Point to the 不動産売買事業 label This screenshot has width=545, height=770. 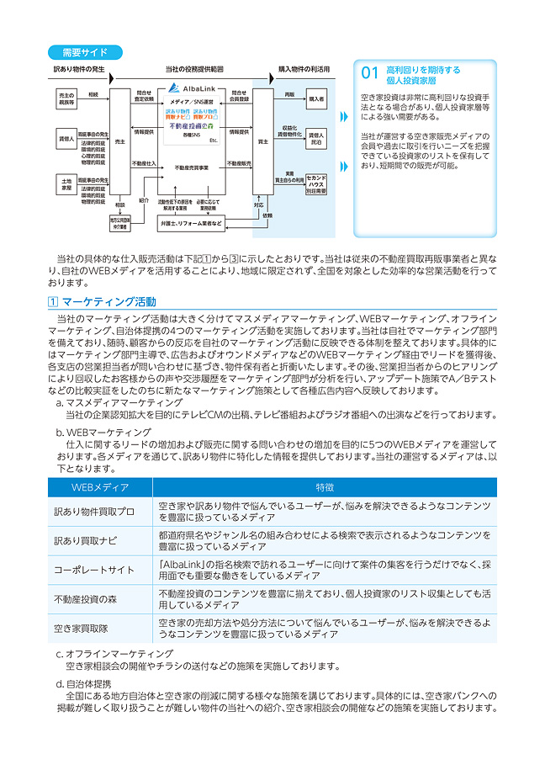click(191, 168)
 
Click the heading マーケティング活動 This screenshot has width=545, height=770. click(108, 301)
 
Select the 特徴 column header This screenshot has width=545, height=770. click(325, 487)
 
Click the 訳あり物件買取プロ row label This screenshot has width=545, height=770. click(94, 512)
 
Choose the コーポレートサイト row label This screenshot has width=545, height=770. click(94, 570)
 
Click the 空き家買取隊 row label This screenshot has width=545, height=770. click(82, 628)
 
